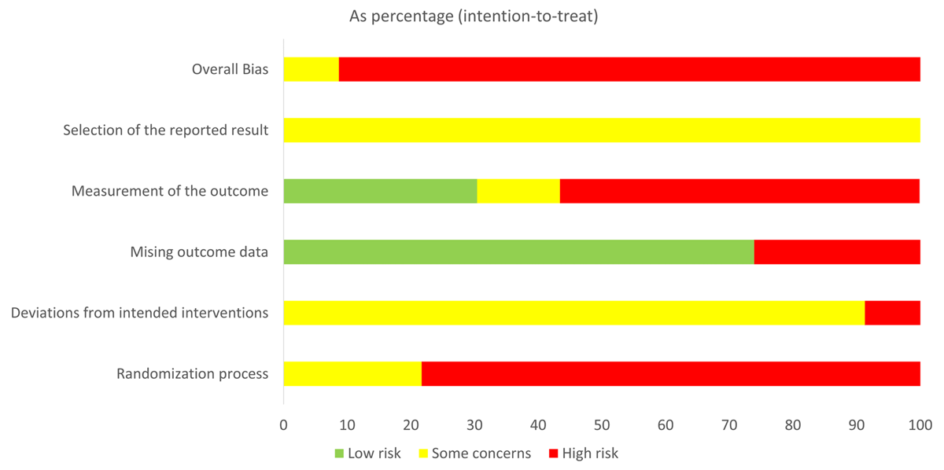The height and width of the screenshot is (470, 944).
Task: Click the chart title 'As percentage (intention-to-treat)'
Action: point(474,17)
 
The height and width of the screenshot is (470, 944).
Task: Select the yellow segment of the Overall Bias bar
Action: point(311,69)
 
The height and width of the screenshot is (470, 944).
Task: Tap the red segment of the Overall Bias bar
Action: point(629,69)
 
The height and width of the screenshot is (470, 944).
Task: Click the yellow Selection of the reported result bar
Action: point(602,130)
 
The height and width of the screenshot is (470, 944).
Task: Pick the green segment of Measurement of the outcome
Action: point(380,191)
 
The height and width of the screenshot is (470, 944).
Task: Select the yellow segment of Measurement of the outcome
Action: point(518,191)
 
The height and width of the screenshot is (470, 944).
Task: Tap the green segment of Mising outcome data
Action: point(518,252)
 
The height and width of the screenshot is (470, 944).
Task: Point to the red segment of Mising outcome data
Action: point(837,252)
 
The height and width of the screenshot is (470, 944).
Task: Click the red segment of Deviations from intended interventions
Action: point(892,313)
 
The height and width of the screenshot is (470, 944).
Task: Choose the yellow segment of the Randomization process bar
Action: point(352,373)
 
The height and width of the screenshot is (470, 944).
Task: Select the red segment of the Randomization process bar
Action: point(671,373)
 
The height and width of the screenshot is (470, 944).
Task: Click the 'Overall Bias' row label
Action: point(230,69)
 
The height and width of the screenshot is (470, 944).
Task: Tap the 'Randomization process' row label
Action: point(192,374)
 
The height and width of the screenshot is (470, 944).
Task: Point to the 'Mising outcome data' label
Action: point(199,252)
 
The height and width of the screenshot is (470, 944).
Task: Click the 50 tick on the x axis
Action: point(602,425)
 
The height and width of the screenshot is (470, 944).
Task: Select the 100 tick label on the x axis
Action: point(920,425)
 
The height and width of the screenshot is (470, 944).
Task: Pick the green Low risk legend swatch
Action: point(340,453)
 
